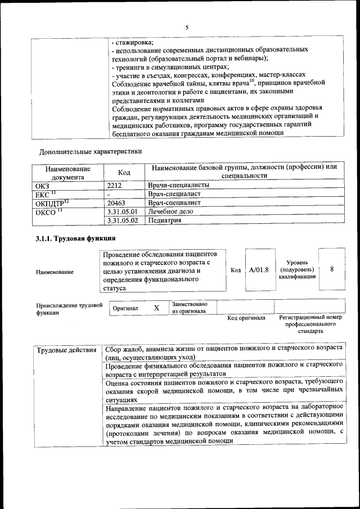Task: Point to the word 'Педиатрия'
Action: pos(164,220)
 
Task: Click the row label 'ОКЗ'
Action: pos(42,184)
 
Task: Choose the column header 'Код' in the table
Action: pos(124,173)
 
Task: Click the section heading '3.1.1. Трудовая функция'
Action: pos(71,239)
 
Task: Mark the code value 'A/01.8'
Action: pos(259,269)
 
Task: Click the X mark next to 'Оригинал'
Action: pos(156,308)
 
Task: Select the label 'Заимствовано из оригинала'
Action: pos(189,308)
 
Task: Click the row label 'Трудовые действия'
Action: pos(66,351)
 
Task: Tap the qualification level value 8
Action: pos(332,269)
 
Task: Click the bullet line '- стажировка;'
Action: pos(133,42)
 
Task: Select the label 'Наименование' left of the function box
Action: pos(55,272)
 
